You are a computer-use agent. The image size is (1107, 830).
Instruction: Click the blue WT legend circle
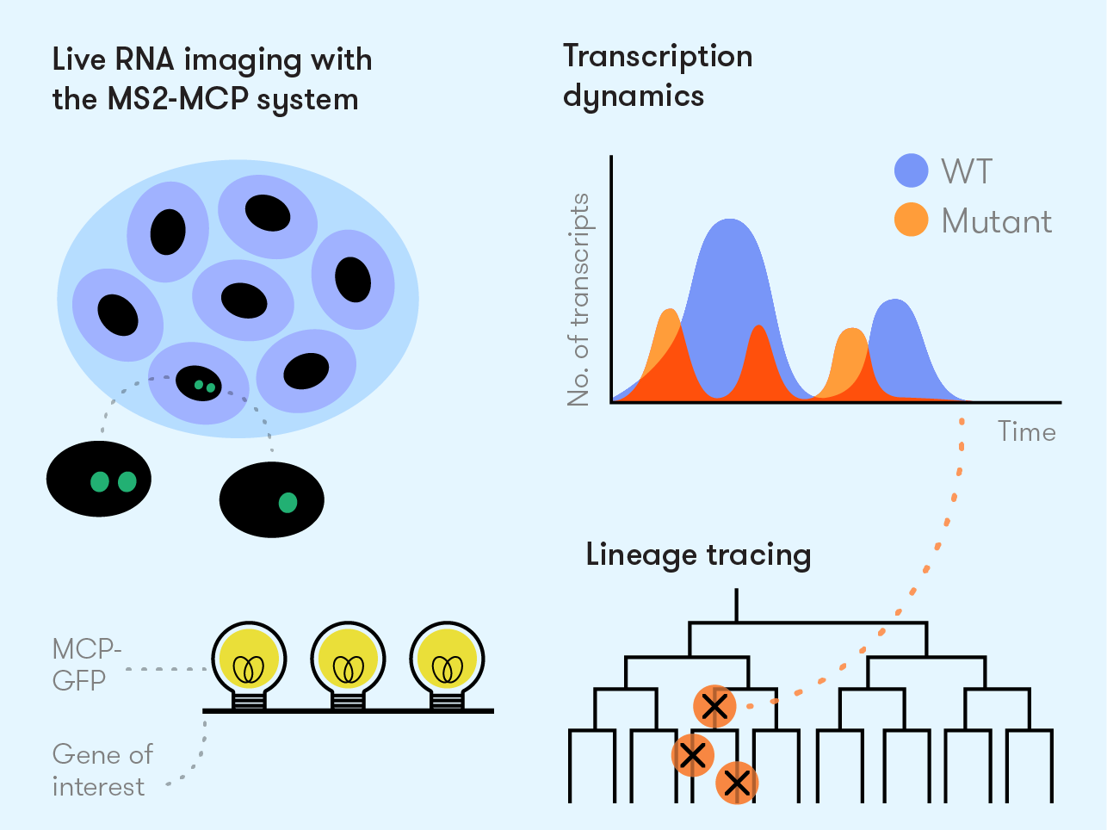tap(911, 170)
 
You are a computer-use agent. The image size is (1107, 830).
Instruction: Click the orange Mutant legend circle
tap(911, 220)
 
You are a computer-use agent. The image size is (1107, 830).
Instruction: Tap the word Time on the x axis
tap(1026, 431)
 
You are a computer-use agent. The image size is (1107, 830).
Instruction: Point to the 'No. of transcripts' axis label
tap(579, 300)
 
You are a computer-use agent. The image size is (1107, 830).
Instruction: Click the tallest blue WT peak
tap(730, 258)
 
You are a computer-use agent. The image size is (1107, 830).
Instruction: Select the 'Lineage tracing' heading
tap(698, 554)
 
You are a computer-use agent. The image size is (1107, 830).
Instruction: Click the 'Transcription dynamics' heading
tap(658, 76)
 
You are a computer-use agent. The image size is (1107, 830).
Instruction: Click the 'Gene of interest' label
tap(102, 770)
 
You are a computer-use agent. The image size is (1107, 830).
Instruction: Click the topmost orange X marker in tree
tap(714, 707)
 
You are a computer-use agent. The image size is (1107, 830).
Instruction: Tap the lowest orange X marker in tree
tap(736, 783)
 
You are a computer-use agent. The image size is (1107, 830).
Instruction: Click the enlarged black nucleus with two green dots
tap(99, 479)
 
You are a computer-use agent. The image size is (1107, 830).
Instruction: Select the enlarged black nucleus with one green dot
tap(272, 499)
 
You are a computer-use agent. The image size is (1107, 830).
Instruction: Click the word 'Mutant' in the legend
tap(996, 221)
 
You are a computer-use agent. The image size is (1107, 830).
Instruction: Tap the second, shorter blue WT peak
tap(896, 336)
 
